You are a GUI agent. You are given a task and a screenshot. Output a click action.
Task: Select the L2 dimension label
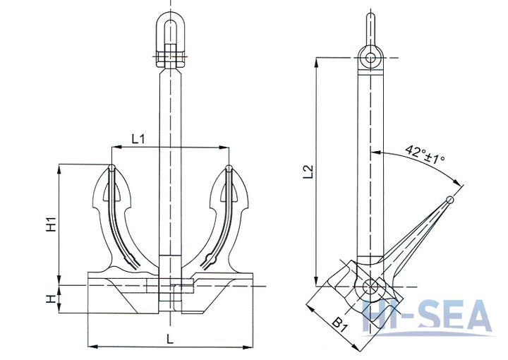tap(307, 172)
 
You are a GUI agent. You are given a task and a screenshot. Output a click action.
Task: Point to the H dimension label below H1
tap(50, 299)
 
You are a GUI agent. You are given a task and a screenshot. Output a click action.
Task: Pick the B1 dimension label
tap(338, 325)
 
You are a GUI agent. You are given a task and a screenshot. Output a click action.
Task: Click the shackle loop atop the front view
tap(169, 28)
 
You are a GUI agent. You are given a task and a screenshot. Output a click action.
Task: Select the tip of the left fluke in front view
tap(112, 168)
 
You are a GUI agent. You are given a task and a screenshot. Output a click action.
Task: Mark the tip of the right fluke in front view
tap(229, 168)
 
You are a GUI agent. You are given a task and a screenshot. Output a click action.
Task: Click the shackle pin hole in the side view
tap(371, 57)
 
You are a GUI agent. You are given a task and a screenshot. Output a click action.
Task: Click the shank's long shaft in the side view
tap(371, 162)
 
